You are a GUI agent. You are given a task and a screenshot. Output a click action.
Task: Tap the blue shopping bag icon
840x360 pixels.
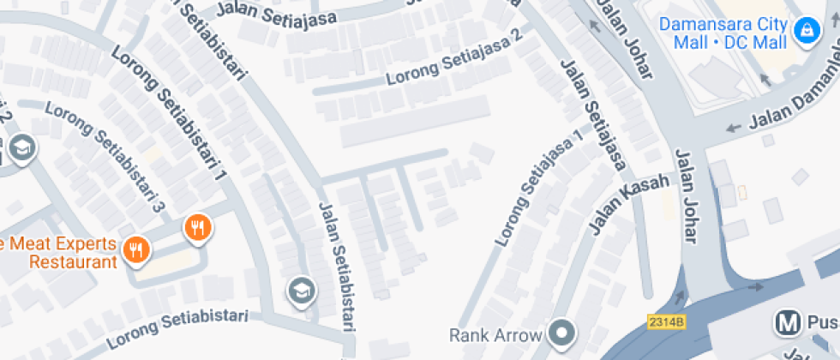pos(805,32)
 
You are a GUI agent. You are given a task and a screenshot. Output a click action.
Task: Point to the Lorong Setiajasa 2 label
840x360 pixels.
pos(454,58)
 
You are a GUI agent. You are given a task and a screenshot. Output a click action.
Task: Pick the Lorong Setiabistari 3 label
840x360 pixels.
pos(104,157)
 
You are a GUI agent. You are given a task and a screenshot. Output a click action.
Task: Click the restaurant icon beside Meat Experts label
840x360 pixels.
pos(135,250)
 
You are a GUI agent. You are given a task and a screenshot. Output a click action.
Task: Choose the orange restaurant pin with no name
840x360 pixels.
pos(198,228)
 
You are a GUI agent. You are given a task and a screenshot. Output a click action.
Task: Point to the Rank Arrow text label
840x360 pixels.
pos(495,333)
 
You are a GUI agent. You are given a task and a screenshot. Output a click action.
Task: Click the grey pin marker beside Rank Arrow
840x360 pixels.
pos(562,332)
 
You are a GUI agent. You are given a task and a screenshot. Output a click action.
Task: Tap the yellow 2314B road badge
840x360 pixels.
pos(666,321)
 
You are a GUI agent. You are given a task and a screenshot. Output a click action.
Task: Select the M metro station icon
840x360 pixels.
pos(786,323)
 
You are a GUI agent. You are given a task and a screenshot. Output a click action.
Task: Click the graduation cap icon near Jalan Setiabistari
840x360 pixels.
pos(301,291)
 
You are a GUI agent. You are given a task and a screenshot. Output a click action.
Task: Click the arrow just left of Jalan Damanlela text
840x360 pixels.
pos(733,129)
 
